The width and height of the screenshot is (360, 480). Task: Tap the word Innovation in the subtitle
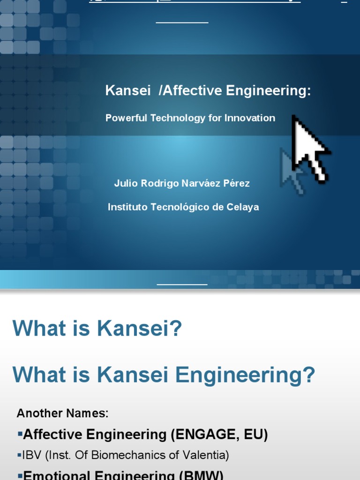(x=249, y=118)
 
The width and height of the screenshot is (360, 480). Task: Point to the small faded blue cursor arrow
(x=292, y=169)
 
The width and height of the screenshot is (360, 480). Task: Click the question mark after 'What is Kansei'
(x=175, y=328)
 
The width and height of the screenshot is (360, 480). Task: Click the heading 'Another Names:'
(x=62, y=413)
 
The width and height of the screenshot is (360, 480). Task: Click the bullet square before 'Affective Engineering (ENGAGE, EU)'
(x=20, y=435)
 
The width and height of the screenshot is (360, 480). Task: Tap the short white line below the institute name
(x=182, y=284)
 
